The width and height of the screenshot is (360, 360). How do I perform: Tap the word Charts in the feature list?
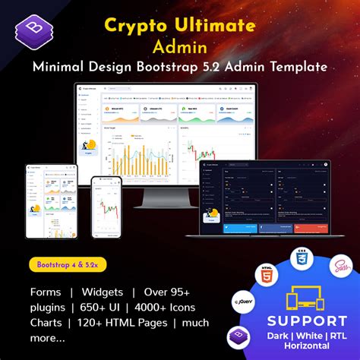[x=48, y=324]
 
